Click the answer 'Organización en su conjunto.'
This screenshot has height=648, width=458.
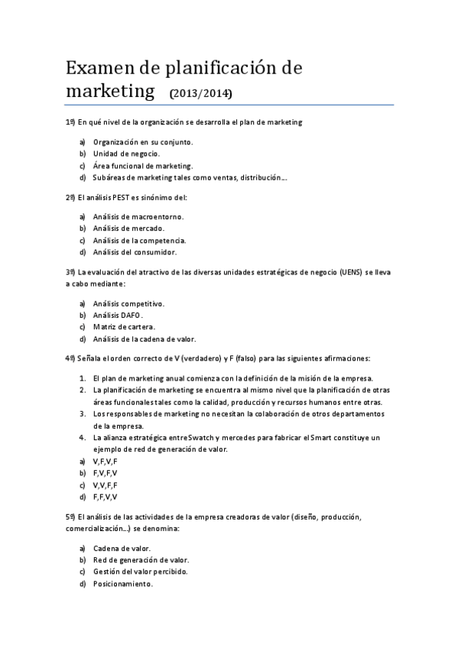coord(143,141)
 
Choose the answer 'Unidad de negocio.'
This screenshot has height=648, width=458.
coord(126,154)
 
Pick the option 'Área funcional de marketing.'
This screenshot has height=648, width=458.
coord(143,166)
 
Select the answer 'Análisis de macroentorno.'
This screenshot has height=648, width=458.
coord(138,216)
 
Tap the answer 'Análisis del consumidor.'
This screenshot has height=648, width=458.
coord(135,251)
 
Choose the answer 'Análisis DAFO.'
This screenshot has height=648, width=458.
coord(118,315)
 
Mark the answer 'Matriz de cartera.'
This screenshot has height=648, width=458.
coord(124,327)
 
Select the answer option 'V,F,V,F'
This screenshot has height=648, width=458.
coord(105,462)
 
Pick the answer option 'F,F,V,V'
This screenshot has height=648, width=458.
coord(105,497)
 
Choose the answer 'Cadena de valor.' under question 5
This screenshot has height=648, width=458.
coord(122,548)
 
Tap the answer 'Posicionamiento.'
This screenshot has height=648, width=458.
coord(122,584)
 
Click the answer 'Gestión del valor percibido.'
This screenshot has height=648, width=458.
coord(140,572)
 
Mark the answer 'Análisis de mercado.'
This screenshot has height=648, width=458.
coord(128,228)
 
